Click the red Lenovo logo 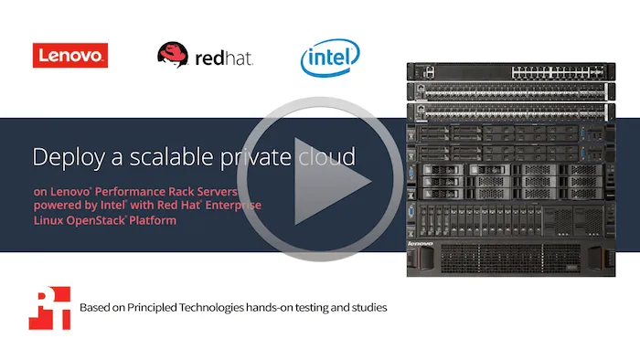point(70,56)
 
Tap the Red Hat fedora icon point(173,54)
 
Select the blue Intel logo point(330,58)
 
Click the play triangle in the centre point(332,181)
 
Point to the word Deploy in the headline point(69,157)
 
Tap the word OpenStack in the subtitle point(95,220)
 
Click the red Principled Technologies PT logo point(49,308)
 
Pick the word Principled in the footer point(153,307)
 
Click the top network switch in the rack point(511,72)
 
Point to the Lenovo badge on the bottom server point(420,243)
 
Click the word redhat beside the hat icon point(224,58)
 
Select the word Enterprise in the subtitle point(233,205)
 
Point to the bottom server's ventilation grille point(510,259)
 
